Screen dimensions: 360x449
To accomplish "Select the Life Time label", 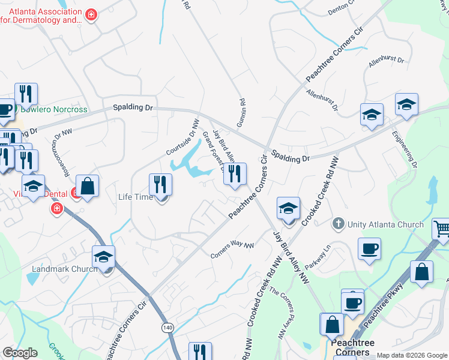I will click(135, 197).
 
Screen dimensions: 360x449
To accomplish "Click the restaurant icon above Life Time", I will click(160, 184).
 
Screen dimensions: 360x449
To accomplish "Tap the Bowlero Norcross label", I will click(54, 110).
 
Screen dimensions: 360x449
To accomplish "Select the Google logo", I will click(20, 353).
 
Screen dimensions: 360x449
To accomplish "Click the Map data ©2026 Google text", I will click(411, 355).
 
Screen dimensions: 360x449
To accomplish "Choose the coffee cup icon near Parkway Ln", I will click(369, 248).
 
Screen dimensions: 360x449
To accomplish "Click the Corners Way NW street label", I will click(232, 250).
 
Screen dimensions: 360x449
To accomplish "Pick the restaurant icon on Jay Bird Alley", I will click(235, 173).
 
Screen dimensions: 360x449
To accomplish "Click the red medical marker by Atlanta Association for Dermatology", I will click(91, 14).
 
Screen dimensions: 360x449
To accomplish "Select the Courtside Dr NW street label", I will click(182, 137).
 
